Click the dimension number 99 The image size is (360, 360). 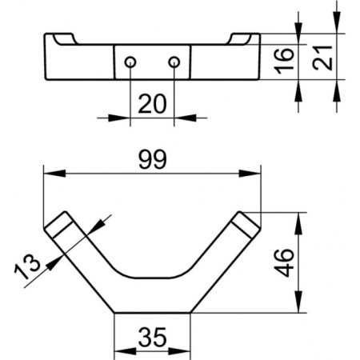(x=153, y=159)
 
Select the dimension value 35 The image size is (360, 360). (x=153, y=337)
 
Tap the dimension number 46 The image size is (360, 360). (x=284, y=262)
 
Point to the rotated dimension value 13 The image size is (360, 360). (x=27, y=266)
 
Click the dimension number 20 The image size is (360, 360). (x=152, y=104)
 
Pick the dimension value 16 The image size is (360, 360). (x=284, y=61)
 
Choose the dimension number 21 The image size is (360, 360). (x=322, y=58)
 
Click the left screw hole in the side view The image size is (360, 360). (x=130, y=62)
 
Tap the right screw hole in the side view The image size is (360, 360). (x=174, y=62)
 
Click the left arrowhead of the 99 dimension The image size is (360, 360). (x=54, y=174)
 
